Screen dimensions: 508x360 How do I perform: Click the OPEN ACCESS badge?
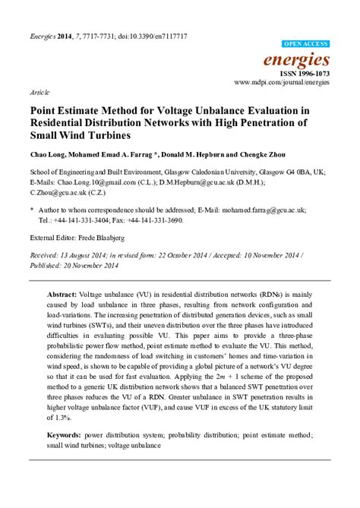pos(305,45)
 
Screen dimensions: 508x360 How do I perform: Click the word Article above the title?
pos(40,90)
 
